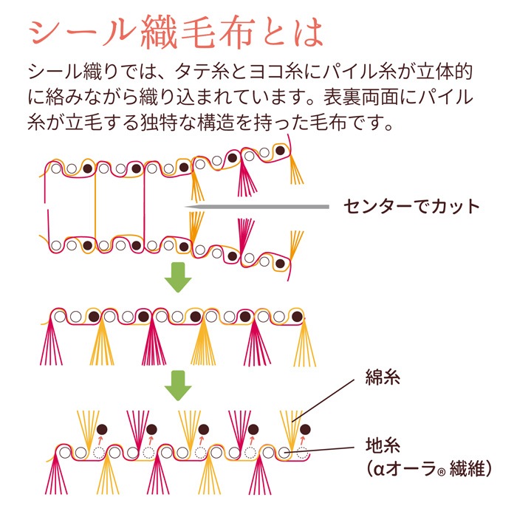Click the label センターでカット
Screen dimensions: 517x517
pos(411,205)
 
